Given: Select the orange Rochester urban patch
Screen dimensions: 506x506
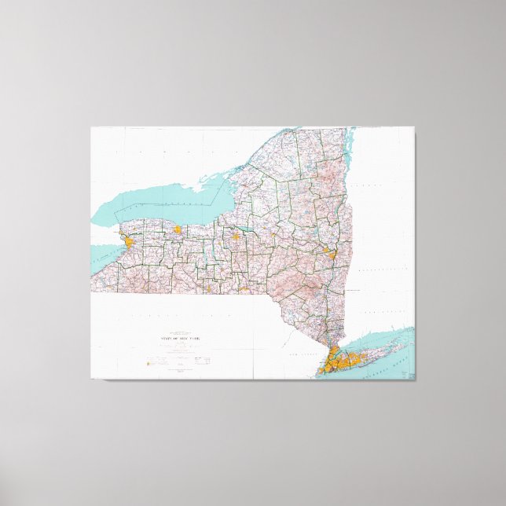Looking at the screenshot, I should point(178,230).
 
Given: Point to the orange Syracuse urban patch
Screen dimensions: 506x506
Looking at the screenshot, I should point(236,233).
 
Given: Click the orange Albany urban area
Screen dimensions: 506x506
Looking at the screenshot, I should point(328,253).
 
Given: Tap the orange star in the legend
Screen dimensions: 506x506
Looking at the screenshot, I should point(145,362).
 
